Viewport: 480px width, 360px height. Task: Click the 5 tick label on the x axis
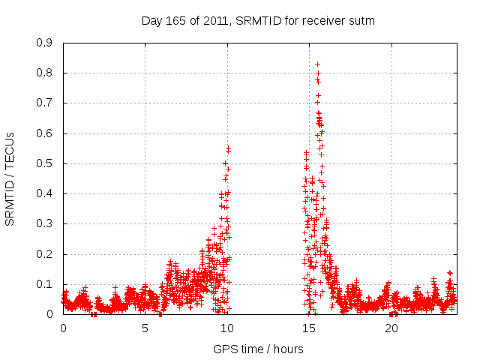145,328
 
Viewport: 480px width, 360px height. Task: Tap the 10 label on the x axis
227,328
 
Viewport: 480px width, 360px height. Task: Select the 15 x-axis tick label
309,328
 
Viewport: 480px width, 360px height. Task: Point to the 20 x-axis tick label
391,328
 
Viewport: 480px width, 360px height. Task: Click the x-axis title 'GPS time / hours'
258,349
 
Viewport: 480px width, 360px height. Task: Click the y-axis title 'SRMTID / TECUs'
10,178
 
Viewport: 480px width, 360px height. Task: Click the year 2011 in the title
214,21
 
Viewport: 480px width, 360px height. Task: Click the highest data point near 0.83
317,64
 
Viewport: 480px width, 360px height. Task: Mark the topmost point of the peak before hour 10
228,148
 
